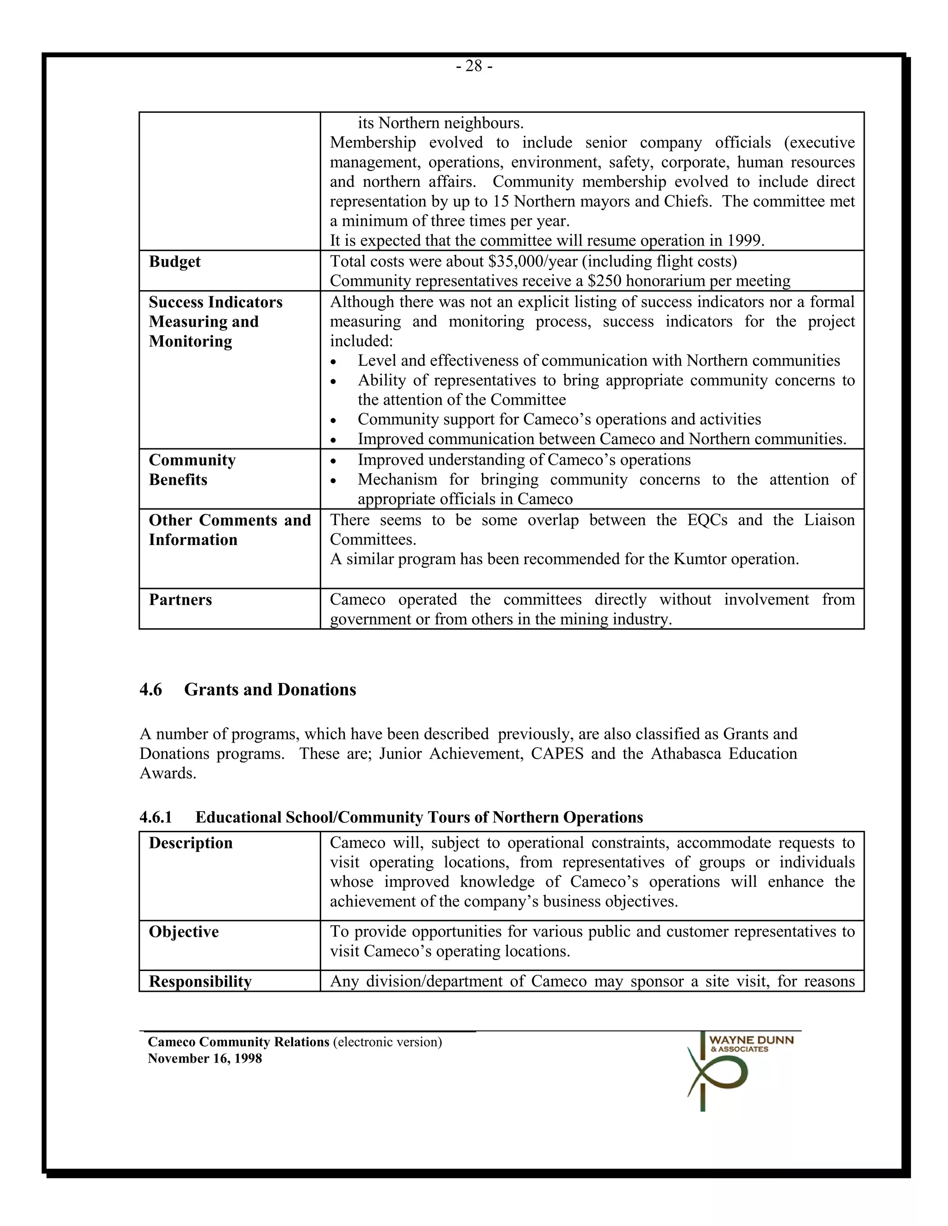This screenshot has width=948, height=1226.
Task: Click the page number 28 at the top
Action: point(474,66)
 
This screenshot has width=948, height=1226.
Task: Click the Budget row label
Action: point(175,261)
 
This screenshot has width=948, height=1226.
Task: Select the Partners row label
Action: point(180,600)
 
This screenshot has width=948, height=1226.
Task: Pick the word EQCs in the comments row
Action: point(706,520)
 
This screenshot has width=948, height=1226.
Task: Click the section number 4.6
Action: point(150,689)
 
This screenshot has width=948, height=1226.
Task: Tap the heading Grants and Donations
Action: point(270,689)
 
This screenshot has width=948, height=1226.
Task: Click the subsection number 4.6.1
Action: point(156,817)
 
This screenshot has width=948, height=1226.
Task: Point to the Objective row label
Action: point(184,932)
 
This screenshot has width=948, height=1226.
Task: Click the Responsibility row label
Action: point(200,981)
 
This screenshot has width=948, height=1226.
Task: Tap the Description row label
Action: point(190,843)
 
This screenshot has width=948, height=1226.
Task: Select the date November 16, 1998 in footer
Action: point(205,1058)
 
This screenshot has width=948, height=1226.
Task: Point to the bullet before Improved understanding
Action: point(334,461)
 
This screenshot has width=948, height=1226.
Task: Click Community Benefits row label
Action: point(192,470)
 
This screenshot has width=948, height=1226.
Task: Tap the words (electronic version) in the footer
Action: point(387,1042)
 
